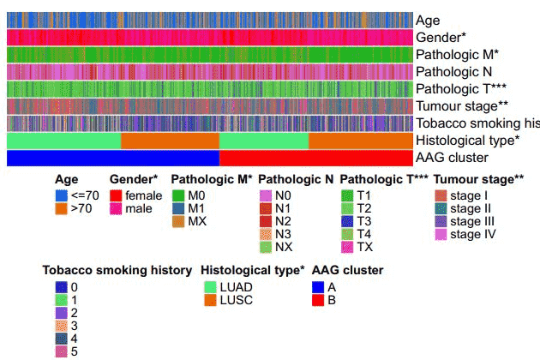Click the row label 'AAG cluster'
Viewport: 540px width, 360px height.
(452, 158)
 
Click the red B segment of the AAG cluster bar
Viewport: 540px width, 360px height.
(317, 158)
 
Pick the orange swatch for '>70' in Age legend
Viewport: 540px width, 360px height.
(61, 208)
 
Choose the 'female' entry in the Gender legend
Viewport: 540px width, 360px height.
(142, 195)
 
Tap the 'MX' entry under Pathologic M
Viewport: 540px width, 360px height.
(196, 221)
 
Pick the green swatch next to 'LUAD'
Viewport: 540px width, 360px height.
(209, 287)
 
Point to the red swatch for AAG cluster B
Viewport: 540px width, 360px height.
(319, 300)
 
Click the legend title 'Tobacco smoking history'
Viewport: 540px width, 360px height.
(117, 270)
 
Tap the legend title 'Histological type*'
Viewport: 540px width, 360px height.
(253, 270)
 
